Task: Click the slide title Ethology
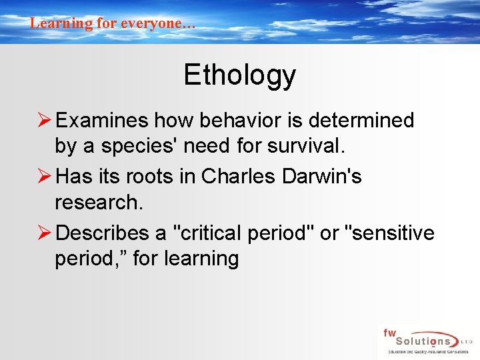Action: click(x=239, y=75)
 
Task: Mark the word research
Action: click(x=99, y=202)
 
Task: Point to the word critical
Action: click(x=208, y=233)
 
